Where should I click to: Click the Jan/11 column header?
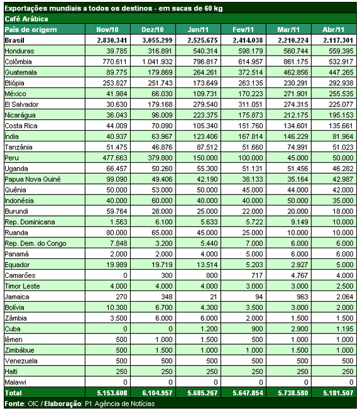pos(198,30)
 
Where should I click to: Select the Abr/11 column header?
pos(333,30)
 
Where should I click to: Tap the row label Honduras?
pos(20,51)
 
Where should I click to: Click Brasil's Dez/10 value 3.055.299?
pos(157,40)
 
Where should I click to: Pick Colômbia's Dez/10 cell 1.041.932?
pos(157,62)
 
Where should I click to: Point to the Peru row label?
pos(11,158)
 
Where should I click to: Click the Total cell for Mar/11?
pos(293,393)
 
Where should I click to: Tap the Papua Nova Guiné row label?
pos(33,179)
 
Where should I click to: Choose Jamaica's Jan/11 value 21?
pos(213,297)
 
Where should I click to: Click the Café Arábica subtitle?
pos(27,19)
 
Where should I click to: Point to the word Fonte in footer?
pos(15,404)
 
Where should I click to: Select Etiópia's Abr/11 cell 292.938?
pos(341,83)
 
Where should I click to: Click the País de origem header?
pos(31,30)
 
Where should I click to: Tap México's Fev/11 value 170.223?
pos(251,93)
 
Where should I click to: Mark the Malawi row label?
pos(16,382)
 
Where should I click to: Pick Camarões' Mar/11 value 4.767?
pos(299,275)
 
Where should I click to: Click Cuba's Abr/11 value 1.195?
pos(345,329)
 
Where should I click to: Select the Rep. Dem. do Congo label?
pos(35,243)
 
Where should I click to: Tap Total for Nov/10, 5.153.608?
pos(112,393)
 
